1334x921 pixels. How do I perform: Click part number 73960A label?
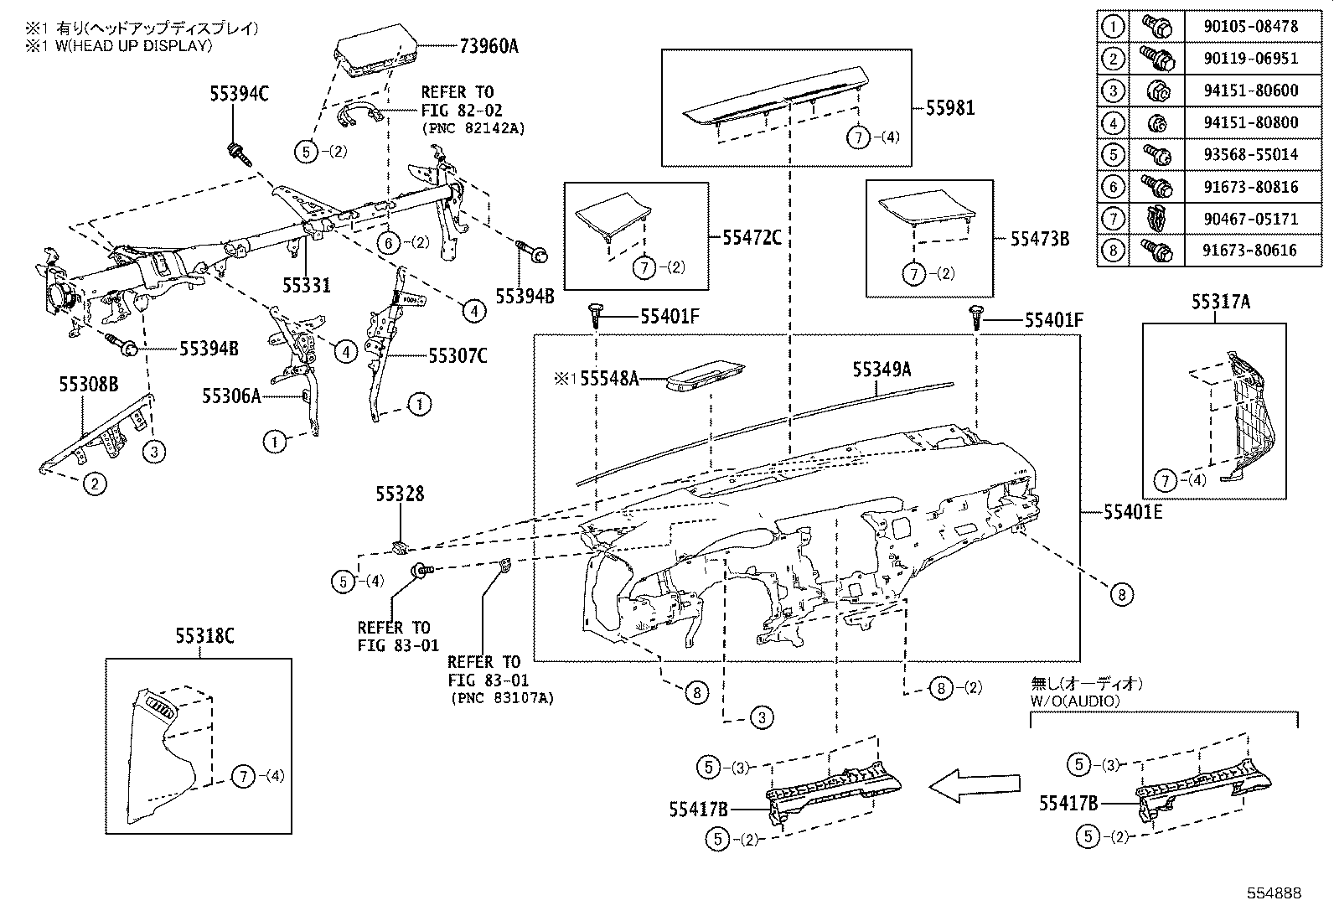[488, 47]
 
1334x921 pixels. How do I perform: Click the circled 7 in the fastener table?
[1113, 219]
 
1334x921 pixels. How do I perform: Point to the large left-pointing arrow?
[975, 785]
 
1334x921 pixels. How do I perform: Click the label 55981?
[950, 108]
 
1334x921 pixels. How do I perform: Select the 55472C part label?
[752, 238]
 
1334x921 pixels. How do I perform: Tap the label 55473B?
[1039, 239]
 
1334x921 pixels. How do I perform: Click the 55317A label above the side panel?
[1221, 303]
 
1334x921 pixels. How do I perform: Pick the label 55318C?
[204, 637]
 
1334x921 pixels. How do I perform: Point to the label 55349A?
[882, 369]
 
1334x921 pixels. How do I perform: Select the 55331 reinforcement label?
[306, 286]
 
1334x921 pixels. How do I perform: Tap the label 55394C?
[239, 95]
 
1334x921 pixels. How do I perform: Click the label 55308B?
[88, 385]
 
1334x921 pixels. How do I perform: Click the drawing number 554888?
[1272, 893]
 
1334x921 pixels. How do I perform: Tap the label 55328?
[400, 494]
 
